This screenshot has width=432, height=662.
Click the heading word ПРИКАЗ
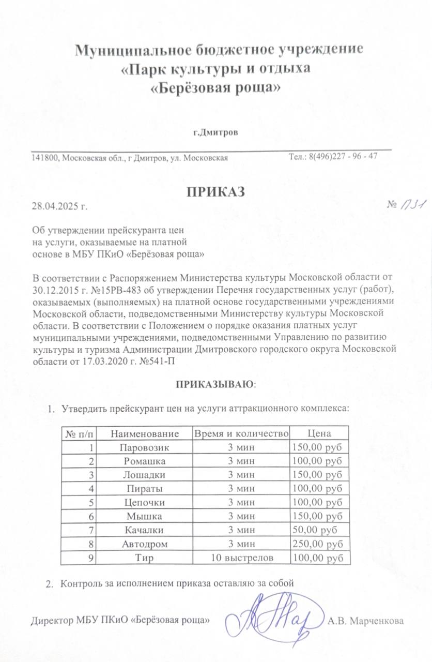215,191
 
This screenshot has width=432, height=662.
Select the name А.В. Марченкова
365,620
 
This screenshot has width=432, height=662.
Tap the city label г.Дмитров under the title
215,133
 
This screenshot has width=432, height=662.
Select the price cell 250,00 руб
317,544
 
